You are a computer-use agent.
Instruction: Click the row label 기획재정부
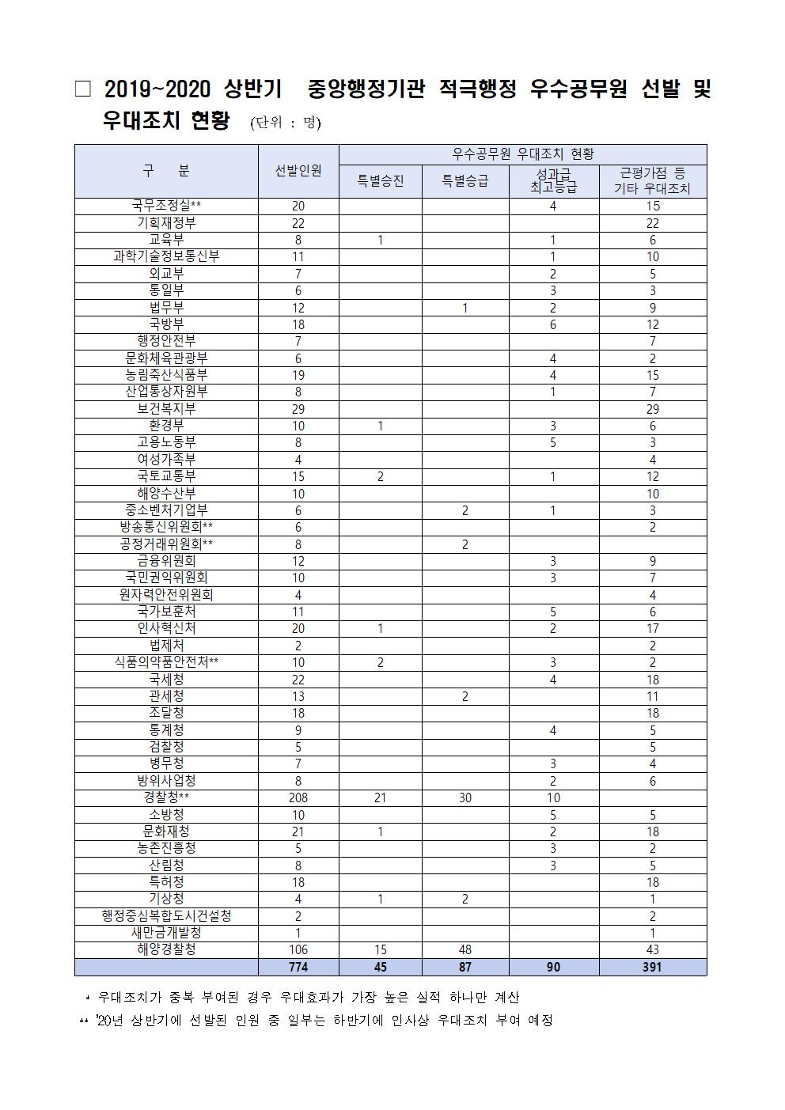click(166, 223)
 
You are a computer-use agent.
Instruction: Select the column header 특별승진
click(381, 181)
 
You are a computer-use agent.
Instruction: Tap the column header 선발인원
click(298, 171)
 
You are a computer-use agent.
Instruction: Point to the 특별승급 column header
click(465, 181)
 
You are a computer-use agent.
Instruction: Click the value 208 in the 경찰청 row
click(298, 797)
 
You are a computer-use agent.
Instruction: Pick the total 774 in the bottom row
click(298, 967)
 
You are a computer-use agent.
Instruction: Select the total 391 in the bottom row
click(653, 967)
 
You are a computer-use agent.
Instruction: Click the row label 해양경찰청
click(166, 949)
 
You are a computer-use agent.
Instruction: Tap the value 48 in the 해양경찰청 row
click(465, 949)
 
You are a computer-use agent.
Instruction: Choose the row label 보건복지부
click(166, 409)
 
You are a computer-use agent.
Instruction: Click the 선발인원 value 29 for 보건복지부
click(298, 409)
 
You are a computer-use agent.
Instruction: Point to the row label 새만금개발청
click(166, 933)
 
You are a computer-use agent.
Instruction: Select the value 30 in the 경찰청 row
click(465, 797)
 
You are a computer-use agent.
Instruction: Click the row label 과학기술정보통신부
click(166, 256)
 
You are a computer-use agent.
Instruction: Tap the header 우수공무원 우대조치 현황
click(522, 154)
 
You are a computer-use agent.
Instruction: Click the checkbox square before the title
click(83, 89)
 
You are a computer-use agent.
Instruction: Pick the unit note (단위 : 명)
click(285, 123)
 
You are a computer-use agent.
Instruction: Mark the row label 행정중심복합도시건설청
click(166, 915)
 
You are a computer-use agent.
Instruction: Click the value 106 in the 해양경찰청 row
click(298, 949)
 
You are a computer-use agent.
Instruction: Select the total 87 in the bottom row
click(465, 967)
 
